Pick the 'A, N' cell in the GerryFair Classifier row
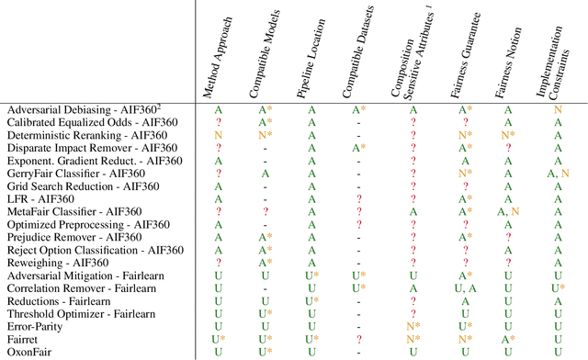point(558,173)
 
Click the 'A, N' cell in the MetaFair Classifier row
point(507,211)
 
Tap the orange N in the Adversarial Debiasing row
point(558,109)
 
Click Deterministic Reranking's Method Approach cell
point(219,134)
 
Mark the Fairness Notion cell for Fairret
point(507,339)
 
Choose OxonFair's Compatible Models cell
point(266,352)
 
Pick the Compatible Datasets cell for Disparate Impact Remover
point(358,147)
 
